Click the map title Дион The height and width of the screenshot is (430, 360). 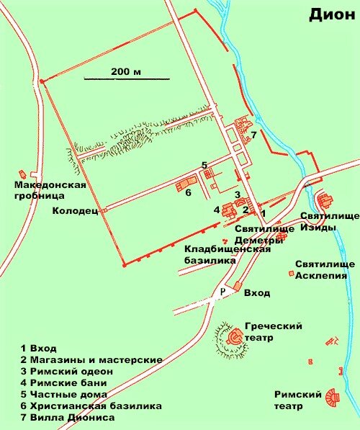pyautogui.click(x=333, y=14)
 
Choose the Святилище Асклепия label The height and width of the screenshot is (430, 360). pyautogui.click(x=325, y=269)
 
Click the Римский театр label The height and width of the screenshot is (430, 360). pyautogui.click(x=296, y=399)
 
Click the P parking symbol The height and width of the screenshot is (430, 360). pyautogui.click(x=222, y=291)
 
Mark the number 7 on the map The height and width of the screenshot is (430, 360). pyautogui.click(x=253, y=135)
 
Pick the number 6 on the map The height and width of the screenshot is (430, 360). pyautogui.click(x=188, y=192)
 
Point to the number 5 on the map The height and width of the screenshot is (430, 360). pyautogui.click(x=204, y=165)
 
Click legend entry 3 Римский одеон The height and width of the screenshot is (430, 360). pyautogui.click(x=64, y=371)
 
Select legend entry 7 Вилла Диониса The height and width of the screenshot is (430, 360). pyautogui.click(x=68, y=417)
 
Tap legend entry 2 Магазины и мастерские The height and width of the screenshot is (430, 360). pyautogui.click(x=91, y=359)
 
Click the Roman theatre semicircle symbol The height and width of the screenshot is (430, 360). pyautogui.click(x=332, y=397)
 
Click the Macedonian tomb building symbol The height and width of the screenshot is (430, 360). pyautogui.click(x=23, y=174)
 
